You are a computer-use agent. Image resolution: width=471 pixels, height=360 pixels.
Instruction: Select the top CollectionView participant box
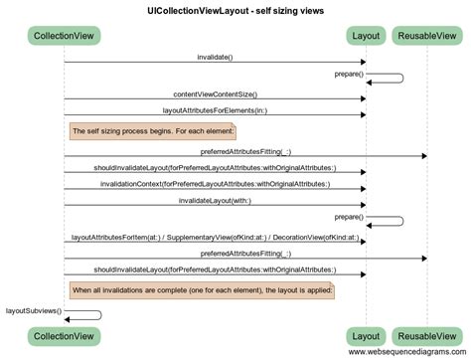65,37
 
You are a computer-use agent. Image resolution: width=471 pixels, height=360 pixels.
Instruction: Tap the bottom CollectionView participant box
65,336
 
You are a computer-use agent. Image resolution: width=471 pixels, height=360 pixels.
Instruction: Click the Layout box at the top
366,37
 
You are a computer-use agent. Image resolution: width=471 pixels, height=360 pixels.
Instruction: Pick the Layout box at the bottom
366,336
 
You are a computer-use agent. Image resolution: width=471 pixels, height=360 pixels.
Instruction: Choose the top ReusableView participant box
426,37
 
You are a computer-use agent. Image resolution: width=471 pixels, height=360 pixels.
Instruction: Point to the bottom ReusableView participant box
426,336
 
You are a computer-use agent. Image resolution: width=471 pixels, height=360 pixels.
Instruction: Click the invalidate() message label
215,57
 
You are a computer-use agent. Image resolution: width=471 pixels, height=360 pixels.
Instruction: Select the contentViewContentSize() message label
215,92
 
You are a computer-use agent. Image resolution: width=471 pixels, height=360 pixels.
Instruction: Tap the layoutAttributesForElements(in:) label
215,110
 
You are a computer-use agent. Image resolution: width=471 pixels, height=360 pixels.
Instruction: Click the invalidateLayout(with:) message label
215,201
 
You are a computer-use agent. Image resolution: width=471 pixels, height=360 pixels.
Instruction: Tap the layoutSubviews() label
33,310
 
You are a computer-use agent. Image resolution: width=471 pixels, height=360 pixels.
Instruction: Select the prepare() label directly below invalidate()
349,75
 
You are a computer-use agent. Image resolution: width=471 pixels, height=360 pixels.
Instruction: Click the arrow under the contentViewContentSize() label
215,98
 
